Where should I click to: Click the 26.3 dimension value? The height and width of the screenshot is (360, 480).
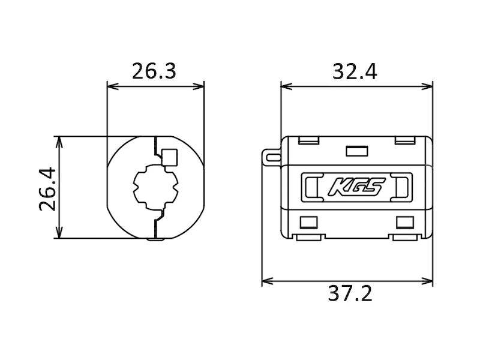pyautogui.click(x=154, y=71)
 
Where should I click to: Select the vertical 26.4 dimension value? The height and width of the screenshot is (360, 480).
pyautogui.click(x=48, y=189)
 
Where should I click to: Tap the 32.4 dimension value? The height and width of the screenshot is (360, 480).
pyautogui.click(x=355, y=71)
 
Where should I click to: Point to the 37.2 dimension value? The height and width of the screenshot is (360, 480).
pyautogui.click(x=350, y=293)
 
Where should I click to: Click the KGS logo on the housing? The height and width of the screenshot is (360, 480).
pyautogui.click(x=356, y=187)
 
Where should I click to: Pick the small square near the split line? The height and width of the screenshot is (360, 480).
pyautogui.click(x=169, y=157)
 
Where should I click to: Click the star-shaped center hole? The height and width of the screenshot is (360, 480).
pyautogui.click(x=156, y=187)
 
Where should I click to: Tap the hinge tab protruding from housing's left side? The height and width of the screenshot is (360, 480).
pyautogui.click(x=272, y=157)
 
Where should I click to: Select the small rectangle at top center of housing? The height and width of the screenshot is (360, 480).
pyautogui.click(x=357, y=151)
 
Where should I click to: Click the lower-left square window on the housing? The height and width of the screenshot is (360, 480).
pyautogui.click(x=308, y=223)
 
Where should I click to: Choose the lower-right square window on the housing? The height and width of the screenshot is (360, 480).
pyautogui.click(x=405, y=223)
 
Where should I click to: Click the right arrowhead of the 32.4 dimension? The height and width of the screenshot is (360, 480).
pyautogui.click(x=427, y=86)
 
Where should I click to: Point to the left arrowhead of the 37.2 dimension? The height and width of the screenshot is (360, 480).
pyautogui.click(x=268, y=281)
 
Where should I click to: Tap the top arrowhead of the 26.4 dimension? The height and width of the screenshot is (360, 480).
pyautogui.click(x=59, y=142)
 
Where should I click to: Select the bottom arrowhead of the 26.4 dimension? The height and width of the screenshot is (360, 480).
pyautogui.click(x=59, y=233)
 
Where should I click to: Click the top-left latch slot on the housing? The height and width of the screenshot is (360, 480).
pyautogui.click(x=308, y=140)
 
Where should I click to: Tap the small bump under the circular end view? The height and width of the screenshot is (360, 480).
pyautogui.click(x=155, y=239)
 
